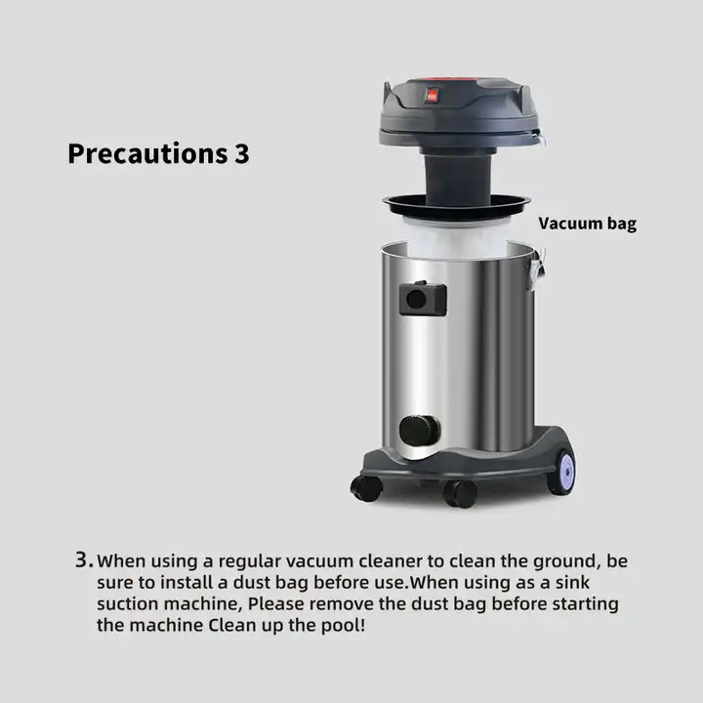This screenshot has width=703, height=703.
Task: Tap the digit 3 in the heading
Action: pyautogui.click(x=242, y=154)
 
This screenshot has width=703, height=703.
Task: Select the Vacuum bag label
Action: pyautogui.click(x=587, y=224)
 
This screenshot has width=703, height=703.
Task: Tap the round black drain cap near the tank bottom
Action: pyautogui.click(x=416, y=429)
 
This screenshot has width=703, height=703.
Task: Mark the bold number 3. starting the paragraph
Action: pyautogui.click(x=85, y=560)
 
